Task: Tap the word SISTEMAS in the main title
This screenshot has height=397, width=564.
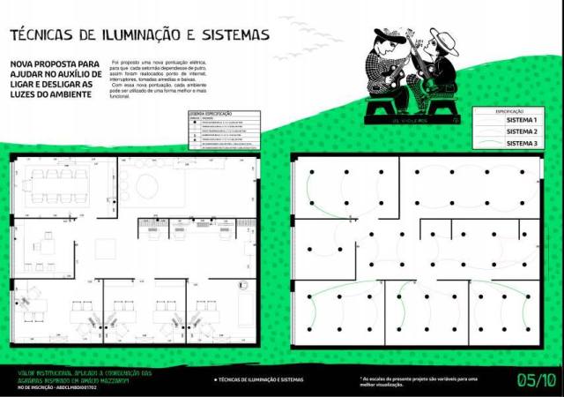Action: (x=230, y=35)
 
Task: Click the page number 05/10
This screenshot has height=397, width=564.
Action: (x=536, y=380)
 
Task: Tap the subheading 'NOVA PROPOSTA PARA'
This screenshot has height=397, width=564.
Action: (x=53, y=64)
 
